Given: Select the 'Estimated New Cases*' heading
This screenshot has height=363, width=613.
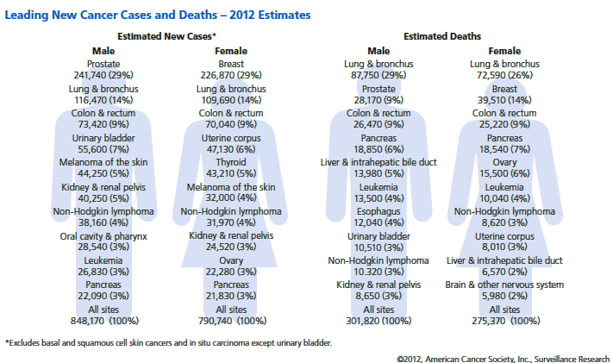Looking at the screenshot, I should click(166, 37).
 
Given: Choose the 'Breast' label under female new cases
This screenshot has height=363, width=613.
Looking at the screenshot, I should click(231, 64).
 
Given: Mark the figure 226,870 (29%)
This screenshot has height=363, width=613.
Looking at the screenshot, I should click(231, 76).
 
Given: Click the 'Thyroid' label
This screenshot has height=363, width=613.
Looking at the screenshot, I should click(231, 161).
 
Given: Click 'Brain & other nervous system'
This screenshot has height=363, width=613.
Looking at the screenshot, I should click(505, 284).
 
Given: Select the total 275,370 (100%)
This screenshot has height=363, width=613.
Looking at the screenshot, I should click(505, 321).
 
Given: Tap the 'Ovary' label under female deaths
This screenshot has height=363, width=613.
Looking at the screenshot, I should click(505, 161).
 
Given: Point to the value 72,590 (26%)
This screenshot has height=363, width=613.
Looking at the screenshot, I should click(505, 76).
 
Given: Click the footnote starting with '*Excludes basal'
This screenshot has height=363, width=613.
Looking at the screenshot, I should click(168, 343).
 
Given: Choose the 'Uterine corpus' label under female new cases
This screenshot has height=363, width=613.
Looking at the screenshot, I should click(231, 137).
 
